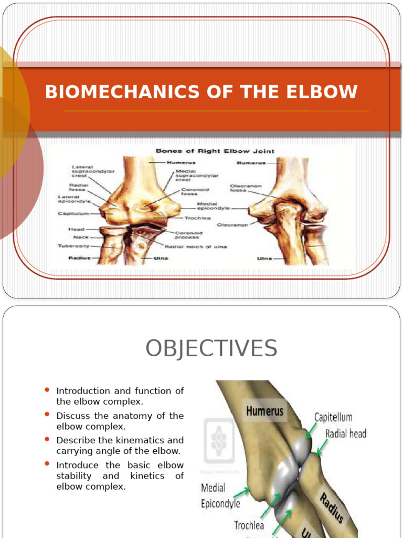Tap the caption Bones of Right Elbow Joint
tap(215, 151)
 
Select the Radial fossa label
tap(79, 187)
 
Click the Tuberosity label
tap(73, 245)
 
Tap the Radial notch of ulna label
tap(196, 247)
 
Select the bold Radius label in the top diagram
tap(79, 258)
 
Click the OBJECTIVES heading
tap(211, 349)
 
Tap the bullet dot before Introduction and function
tap(47, 390)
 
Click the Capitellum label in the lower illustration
tap(333, 418)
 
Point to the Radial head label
tap(346, 433)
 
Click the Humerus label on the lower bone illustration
tap(266, 411)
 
